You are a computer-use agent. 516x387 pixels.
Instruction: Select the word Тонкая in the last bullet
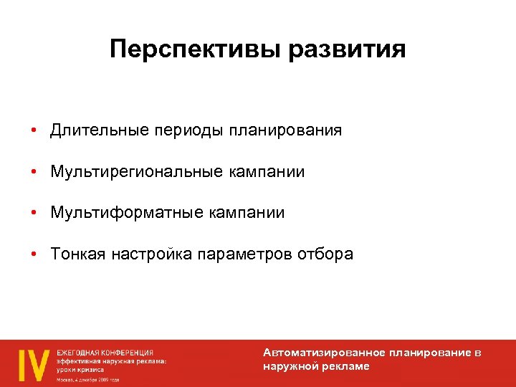pos(77,254)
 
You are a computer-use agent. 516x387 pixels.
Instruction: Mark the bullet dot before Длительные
pos(34,131)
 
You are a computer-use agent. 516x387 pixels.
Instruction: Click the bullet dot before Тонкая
pos(34,255)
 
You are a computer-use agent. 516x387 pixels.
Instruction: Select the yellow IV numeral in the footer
pos(33,365)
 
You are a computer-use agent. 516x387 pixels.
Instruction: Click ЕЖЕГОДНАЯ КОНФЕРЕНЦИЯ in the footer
pos(105,353)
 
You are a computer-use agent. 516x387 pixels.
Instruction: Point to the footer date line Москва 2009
pos(88,380)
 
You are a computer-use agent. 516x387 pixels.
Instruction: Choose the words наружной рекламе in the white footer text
pos(316,366)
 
